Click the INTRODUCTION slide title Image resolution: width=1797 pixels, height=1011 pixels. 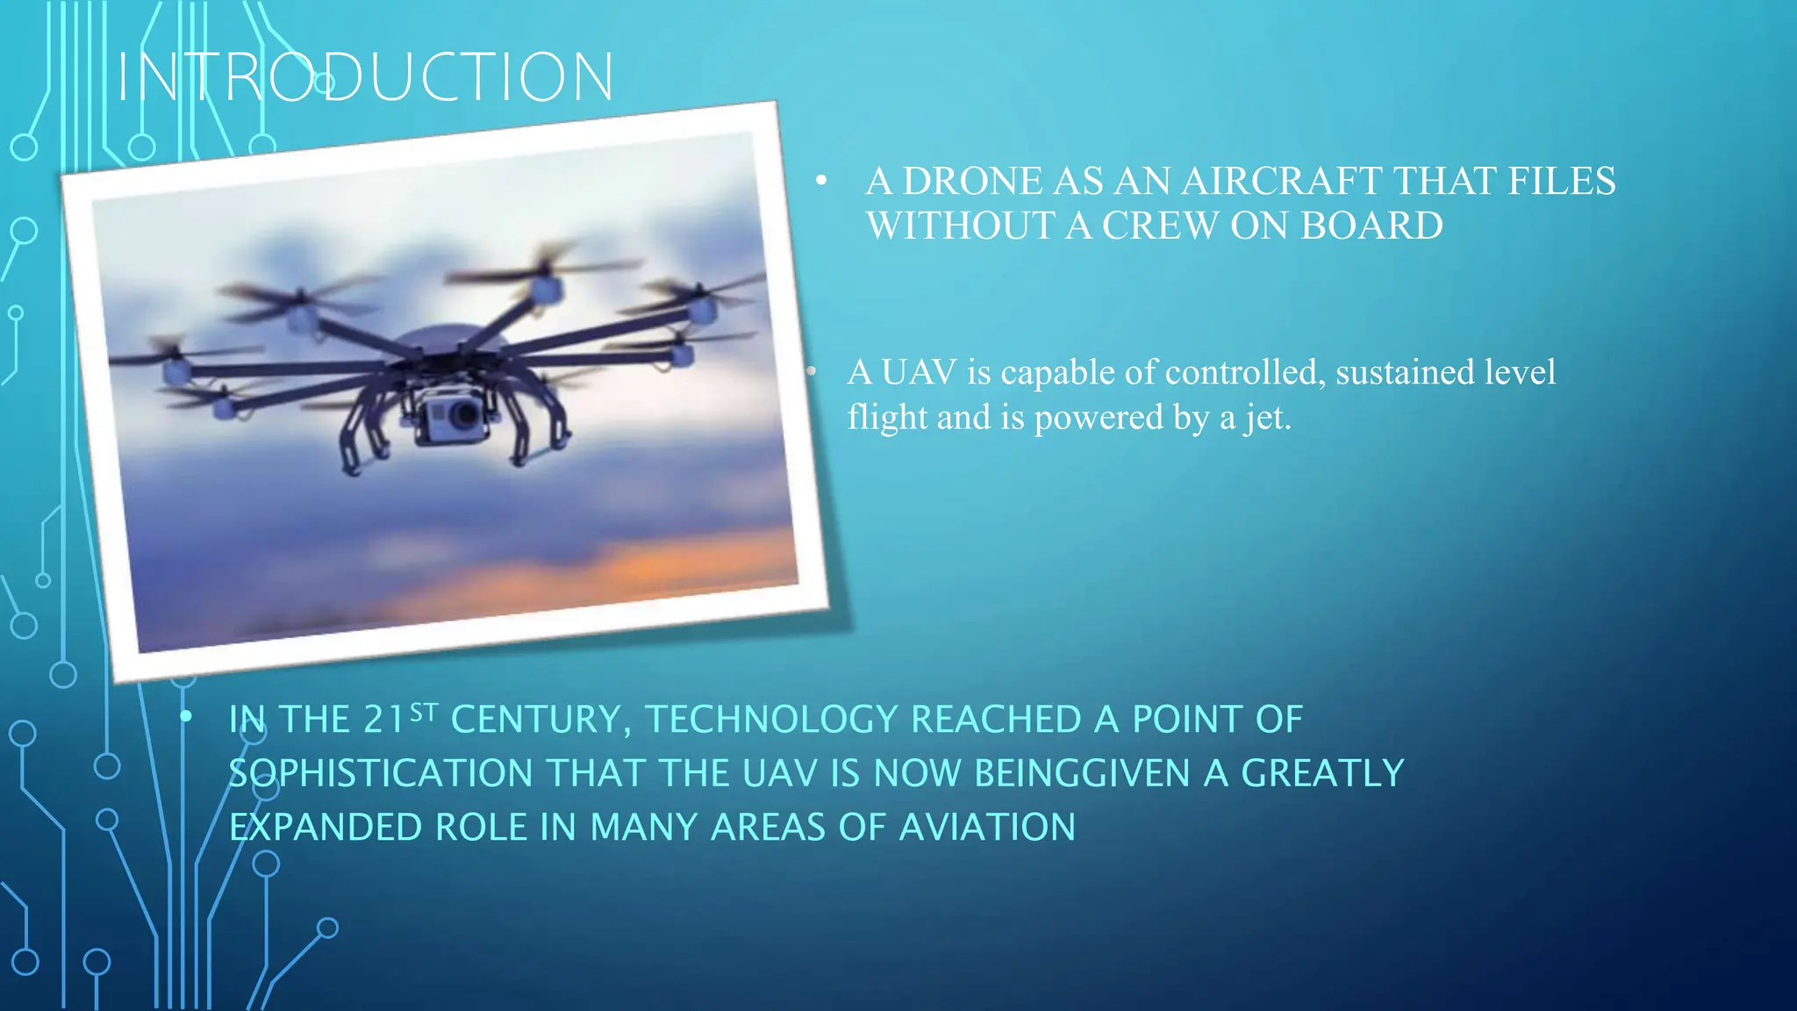pyautogui.click(x=365, y=77)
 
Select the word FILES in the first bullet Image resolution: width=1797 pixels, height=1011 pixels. pyautogui.click(x=1561, y=182)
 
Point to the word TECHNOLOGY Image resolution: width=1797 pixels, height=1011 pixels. pyautogui.click(x=771, y=721)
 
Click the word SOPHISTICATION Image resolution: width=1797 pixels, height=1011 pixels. pyautogui.click(x=380, y=774)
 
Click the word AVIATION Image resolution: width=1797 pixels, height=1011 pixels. pyautogui.click(x=986, y=828)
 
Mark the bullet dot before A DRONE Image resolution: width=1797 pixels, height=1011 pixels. pyautogui.click(x=821, y=182)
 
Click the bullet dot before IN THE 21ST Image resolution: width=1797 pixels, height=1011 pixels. pyautogui.click(x=186, y=717)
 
